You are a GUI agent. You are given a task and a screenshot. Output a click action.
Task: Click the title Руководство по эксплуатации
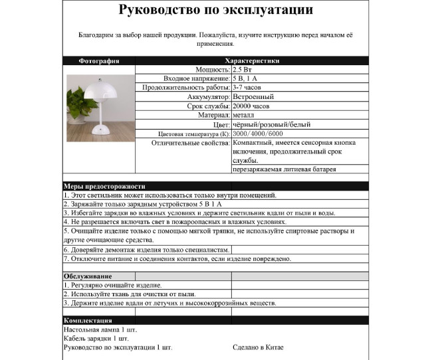click(x=216, y=11)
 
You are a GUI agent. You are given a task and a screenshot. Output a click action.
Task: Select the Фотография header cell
click(x=99, y=60)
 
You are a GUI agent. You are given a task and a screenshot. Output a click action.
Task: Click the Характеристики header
click(x=253, y=60)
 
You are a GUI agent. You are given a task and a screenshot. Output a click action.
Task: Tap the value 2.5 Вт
click(x=243, y=69)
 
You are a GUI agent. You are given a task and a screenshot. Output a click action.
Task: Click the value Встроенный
click(x=253, y=97)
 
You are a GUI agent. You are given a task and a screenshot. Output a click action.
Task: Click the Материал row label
click(x=213, y=116)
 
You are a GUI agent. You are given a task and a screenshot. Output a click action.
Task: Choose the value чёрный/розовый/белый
click(x=271, y=125)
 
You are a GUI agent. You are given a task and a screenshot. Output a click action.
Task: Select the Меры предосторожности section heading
click(x=104, y=187)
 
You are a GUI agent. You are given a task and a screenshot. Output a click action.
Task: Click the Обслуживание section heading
click(x=88, y=276)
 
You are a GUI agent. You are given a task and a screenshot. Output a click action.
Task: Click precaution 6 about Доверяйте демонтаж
click(x=146, y=250)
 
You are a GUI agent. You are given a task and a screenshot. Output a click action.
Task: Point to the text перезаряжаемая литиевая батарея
click(x=284, y=169)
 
